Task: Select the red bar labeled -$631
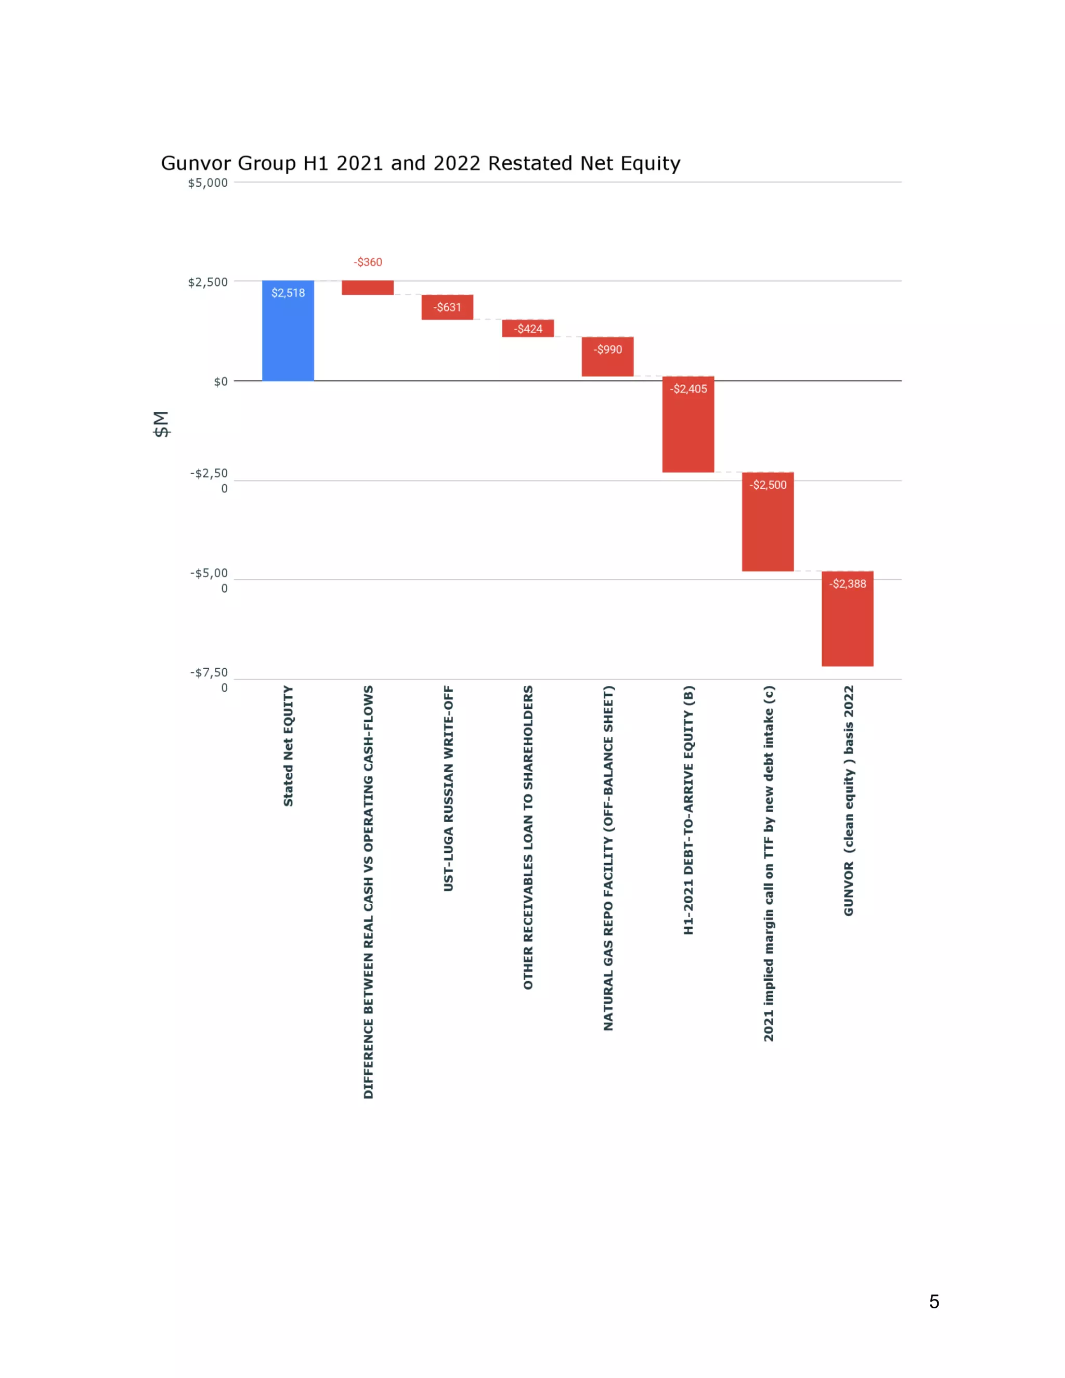pos(447,307)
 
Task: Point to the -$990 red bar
pos(607,358)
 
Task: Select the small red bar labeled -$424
pos(528,329)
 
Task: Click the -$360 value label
pos(368,262)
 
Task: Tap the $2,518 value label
pos(288,293)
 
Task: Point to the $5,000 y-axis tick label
pos(207,183)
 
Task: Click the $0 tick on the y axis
pos(221,382)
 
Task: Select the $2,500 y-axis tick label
pos(207,282)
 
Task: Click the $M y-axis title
pos(162,424)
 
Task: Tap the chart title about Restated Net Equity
pos(421,163)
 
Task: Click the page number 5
pos(934,1301)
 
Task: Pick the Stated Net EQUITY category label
pos(288,746)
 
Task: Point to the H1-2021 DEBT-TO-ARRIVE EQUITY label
pos(689,810)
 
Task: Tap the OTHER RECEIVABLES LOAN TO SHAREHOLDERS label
pos(528,837)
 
